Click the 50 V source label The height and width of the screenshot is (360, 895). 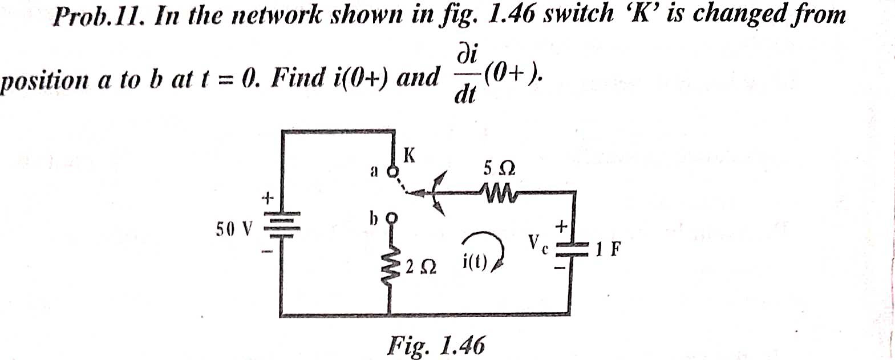[234, 229]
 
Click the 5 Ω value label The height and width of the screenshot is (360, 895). [499, 168]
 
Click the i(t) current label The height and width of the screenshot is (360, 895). [474, 263]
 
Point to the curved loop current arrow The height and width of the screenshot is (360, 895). [485, 245]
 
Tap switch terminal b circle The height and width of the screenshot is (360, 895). [391, 217]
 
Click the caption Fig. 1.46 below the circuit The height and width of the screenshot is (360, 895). [436, 345]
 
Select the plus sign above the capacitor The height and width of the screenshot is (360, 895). [561, 226]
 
